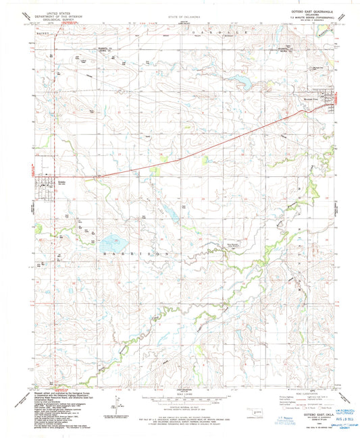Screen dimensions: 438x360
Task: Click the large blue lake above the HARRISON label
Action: click(x=113, y=240)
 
